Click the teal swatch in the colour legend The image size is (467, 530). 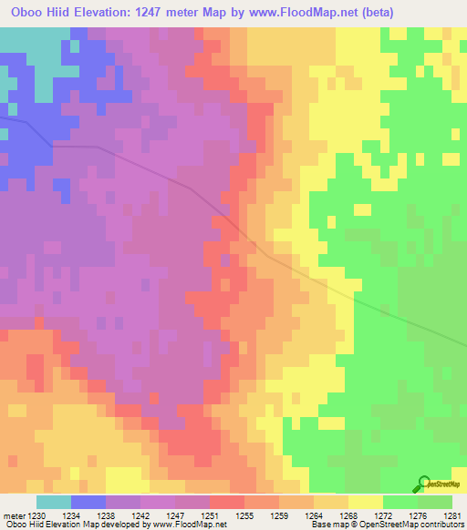pyautogui.click(x=53, y=502)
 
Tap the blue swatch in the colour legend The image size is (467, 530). pyautogui.click(x=88, y=502)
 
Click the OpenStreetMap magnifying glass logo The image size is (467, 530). pyautogui.click(x=425, y=484)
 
